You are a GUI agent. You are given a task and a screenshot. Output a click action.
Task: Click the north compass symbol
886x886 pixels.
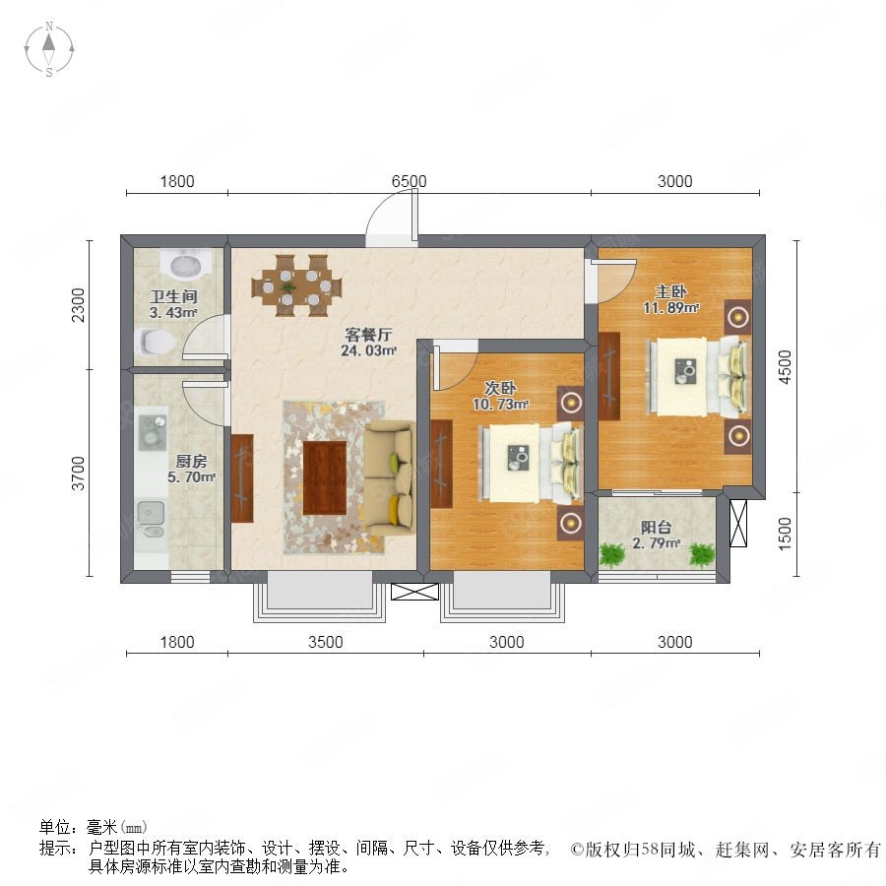point(49,49)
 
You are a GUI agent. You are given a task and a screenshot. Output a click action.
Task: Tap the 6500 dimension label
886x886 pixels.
point(410,181)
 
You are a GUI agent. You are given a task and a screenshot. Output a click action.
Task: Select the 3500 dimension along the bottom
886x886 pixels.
point(326,642)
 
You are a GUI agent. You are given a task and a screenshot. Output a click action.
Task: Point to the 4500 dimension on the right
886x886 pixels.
point(786,367)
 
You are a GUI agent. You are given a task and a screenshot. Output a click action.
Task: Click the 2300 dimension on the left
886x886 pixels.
point(78,305)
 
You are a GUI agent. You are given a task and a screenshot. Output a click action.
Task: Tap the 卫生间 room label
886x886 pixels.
point(173,296)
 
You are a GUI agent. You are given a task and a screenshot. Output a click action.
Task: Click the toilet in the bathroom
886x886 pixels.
point(155,342)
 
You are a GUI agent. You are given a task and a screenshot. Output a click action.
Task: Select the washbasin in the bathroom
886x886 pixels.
point(185,265)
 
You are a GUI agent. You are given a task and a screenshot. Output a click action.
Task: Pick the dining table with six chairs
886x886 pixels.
point(297,285)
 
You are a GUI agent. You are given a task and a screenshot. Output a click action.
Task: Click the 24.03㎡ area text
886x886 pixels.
point(368,350)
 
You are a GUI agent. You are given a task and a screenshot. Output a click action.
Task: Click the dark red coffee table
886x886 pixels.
point(324,478)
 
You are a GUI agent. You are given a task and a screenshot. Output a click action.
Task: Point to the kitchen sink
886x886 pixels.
point(151,520)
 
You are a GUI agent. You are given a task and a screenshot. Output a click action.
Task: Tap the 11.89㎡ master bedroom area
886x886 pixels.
point(671,308)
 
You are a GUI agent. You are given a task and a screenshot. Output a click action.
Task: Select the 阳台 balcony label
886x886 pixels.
point(656,528)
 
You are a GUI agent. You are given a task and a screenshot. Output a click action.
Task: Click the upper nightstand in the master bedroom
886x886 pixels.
point(738,317)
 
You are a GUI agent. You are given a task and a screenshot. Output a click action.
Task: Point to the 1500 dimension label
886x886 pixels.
point(785,534)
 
